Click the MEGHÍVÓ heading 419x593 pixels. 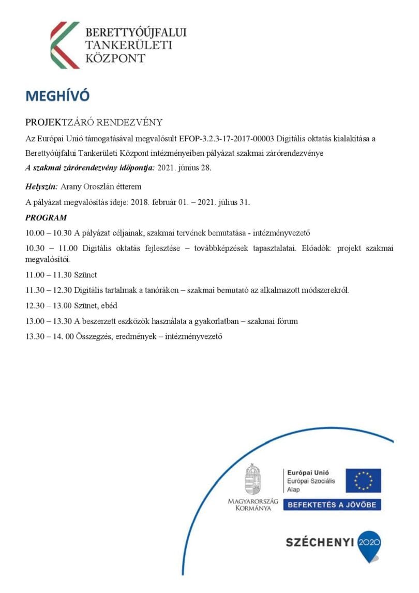pyautogui.click(x=57, y=96)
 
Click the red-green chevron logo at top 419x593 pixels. pyautogui.click(x=65, y=45)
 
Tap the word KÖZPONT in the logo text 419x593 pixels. pyautogui.click(x=115, y=57)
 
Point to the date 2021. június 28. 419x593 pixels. pyautogui.click(x=184, y=168)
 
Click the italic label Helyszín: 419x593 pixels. pyautogui.click(x=42, y=187)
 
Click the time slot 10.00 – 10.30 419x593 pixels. pyautogui.click(x=50, y=232)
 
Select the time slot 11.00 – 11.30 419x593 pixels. pyautogui.click(x=50, y=275)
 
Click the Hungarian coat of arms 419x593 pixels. pyautogui.click(x=252, y=479)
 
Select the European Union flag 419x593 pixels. pyautogui.click(x=363, y=480)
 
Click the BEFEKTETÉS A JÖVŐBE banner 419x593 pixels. pyautogui.click(x=332, y=505)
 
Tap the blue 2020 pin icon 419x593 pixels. pyautogui.click(x=369, y=544)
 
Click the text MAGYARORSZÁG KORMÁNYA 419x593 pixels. pyautogui.click(x=253, y=505)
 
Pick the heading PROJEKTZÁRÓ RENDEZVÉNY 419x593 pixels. pyautogui.click(x=94, y=122)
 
